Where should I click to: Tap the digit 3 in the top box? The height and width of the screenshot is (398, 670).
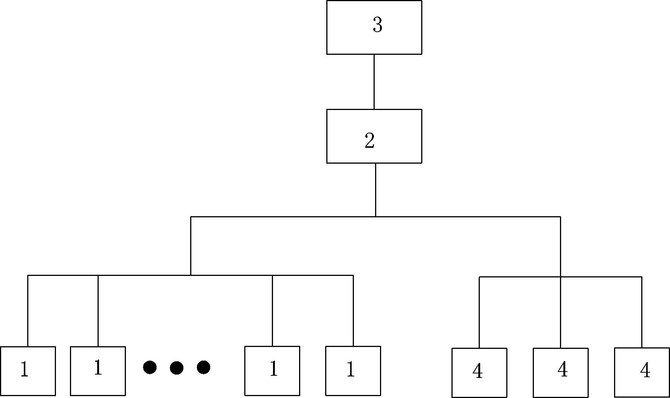click(x=377, y=25)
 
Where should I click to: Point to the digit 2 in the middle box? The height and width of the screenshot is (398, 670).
click(x=369, y=141)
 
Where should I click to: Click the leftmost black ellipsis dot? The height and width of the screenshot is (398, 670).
click(x=150, y=367)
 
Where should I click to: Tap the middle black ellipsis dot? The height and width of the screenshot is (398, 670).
click(x=177, y=367)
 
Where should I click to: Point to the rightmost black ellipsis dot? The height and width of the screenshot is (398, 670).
click(x=203, y=367)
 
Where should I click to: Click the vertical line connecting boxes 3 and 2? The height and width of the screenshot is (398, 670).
click(x=374, y=82)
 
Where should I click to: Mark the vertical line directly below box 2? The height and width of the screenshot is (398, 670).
click(x=375, y=190)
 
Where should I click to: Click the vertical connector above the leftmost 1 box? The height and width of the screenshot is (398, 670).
click(x=28, y=311)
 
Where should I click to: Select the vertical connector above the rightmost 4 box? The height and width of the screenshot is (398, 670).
click(x=642, y=312)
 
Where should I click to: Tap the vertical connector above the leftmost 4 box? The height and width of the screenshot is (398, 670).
click(x=479, y=312)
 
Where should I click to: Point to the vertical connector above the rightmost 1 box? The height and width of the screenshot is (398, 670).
click(x=353, y=311)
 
